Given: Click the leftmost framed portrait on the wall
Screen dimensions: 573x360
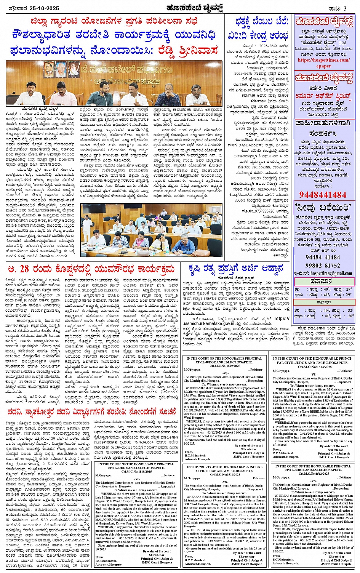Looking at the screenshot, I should pyautogui.click(x=51, y=67).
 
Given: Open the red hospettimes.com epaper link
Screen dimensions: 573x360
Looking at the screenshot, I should pyautogui.click(x=323, y=63).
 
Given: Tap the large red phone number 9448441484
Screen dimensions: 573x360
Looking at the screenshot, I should pyautogui.click(x=323, y=195).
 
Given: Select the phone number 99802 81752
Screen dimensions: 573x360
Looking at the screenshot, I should pyautogui.click(x=323, y=265).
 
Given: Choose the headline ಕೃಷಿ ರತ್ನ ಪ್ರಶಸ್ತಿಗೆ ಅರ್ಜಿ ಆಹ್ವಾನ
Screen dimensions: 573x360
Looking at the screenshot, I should pyautogui.click(x=236, y=269).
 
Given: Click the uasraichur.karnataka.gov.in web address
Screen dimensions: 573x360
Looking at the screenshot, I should pyautogui.click(x=213, y=323).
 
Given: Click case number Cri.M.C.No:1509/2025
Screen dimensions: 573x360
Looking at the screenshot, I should pyautogui.click(x=225, y=366).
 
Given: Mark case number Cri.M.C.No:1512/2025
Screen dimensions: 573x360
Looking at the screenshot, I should pyautogui.click(x=313, y=474).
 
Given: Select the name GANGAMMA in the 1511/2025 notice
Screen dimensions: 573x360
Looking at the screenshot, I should pyautogui.click(x=194, y=519).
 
